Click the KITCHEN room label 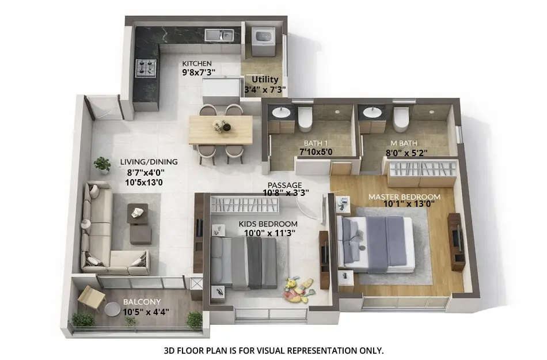197,63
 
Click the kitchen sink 219,36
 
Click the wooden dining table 221,130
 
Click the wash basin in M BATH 371,112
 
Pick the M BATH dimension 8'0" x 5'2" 407,153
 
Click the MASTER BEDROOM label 404,197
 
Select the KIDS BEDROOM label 268,223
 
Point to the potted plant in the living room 102,165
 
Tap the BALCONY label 141,302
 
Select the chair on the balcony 91,297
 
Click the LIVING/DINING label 149,162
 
